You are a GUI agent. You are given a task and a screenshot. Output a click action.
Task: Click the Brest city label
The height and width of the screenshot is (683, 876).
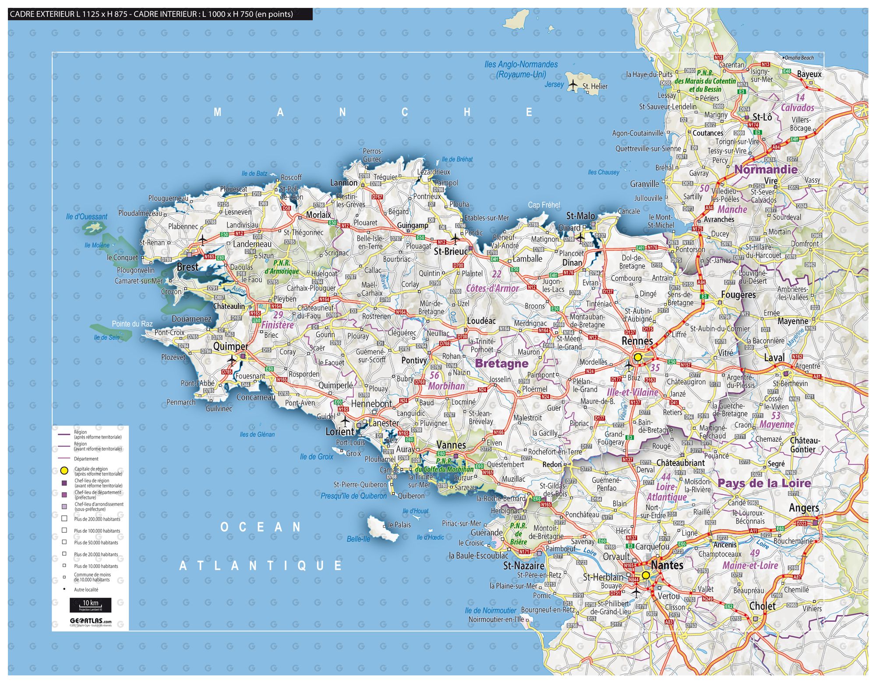click(187, 267)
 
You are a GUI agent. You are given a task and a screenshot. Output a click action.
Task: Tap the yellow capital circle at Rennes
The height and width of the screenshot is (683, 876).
click(638, 357)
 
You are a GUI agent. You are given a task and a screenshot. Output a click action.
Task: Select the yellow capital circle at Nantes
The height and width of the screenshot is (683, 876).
click(646, 575)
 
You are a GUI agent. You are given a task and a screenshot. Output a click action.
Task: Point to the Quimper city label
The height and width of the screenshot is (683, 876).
click(230, 346)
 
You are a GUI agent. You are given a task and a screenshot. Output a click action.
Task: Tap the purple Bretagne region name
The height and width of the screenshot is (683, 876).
click(502, 363)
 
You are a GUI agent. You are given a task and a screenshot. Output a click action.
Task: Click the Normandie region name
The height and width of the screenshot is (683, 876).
click(766, 170)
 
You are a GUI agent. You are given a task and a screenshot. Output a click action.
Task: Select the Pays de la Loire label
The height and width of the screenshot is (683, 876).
click(764, 483)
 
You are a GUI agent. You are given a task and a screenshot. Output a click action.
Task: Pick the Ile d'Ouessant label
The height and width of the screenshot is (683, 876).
click(86, 216)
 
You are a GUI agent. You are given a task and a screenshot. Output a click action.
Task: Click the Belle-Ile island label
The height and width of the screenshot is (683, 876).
click(358, 539)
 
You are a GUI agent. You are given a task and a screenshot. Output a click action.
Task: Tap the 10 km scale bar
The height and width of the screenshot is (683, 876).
click(90, 605)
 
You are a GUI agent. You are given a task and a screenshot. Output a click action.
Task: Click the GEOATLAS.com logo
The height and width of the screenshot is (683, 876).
click(90, 621)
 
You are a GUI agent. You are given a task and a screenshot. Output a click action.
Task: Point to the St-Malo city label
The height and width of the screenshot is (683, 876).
click(580, 216)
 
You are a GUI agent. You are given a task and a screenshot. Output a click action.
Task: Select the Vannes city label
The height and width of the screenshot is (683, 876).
click(451, 445)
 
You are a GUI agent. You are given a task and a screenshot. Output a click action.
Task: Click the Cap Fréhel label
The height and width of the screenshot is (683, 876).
click(544, 205)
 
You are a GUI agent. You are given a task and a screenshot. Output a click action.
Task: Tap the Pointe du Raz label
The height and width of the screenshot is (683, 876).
click(132, 324)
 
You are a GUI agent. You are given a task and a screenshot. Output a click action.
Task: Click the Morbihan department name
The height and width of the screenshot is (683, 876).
click(446, 386)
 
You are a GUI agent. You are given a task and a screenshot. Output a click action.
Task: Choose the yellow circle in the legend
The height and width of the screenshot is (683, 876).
click(64, 471)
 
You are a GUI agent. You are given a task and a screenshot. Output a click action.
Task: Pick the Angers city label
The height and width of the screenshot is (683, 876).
click(804, 508)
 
